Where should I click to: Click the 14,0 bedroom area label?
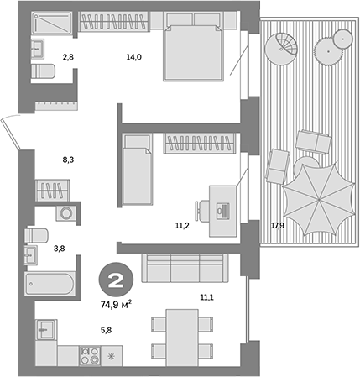pyautogui.click(x=134, y=57)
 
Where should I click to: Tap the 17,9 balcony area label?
pyautogui.click(x=277, y=225)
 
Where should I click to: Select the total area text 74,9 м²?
pyautogui.click(x=116, y=305)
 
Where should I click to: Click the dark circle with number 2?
pyautogui.click(x=116, y=280)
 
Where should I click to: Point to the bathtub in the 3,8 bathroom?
pyautogui.click(x=50, y=284)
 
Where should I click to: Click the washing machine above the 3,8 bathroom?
pyautogui.click(x=66, y=213)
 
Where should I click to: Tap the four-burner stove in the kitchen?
pyautogui.click(x=90, y=355)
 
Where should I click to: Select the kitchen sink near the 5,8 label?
pyautogui.click(x=46, y=329)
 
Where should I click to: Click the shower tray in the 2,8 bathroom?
pyautogui.click(x=51, y=23)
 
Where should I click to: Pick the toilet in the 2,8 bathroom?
pyautogui.click(x=43, y=71)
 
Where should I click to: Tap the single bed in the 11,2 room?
pyautogui.click(x=138, y=169)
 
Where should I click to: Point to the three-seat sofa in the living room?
pyautogui.click(x=185, y=268)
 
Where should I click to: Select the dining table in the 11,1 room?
pyautogui.click(x=182, y=338)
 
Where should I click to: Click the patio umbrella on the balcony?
pyautogui.click(x=317, y=199)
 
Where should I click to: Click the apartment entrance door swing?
pyautogui.click(x=10, y=132)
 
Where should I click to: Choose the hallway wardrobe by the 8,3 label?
pyautogui.click(x=52, y=191)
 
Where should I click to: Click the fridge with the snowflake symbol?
pyautogui.click(x=112, y=356)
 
